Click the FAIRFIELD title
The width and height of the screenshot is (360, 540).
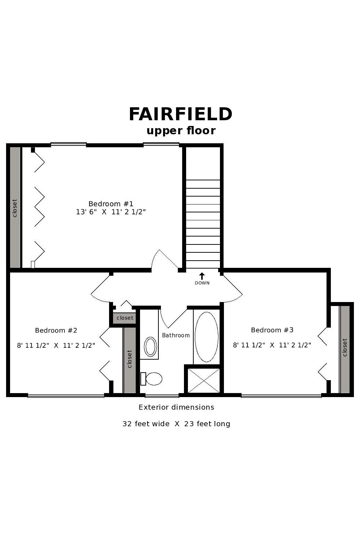point(180,114)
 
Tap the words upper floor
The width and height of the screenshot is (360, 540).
point(181,131)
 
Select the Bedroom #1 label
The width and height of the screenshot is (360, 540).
point(111,204)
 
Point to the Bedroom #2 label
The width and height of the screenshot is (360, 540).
point(56,330)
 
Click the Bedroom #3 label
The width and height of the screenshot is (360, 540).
point(272,330)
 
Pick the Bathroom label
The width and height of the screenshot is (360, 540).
point(176,335)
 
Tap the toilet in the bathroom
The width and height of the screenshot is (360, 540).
point(151,379)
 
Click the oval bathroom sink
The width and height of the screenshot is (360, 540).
point(150,347)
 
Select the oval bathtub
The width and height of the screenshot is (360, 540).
point(206,337)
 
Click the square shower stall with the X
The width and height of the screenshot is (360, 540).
point(204,381)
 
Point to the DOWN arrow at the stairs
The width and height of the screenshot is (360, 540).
point(202,276)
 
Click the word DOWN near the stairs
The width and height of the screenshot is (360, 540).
point(202,283)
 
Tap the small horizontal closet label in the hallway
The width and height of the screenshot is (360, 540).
point(125,318)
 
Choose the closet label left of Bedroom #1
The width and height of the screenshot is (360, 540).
point(15,208)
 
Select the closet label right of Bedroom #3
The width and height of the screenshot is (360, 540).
point(345,347)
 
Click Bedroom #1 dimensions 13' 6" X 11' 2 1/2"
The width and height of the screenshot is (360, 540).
point(111,212)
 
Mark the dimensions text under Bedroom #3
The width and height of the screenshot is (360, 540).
point(272,345)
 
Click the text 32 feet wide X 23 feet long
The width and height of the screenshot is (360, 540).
point(176,424)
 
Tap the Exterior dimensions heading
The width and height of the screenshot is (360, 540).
point(176,407)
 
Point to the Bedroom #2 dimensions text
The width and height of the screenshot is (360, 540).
point(56,346)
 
